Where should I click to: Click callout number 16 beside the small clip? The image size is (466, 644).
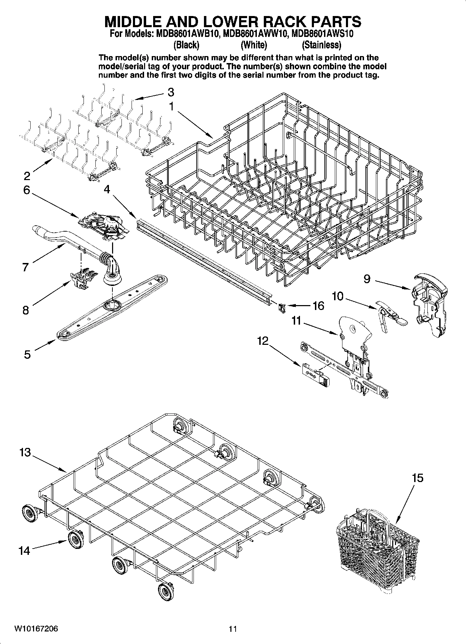[x=318, y=306]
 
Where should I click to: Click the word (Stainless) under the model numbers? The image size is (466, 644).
[x=321, y=45]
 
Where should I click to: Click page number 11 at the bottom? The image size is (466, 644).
[x=233, y=629]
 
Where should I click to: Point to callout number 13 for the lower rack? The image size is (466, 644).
[x=25, y=453]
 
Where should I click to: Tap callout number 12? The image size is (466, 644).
[x=263, y=341]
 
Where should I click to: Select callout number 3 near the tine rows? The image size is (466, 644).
[x=171, y=92]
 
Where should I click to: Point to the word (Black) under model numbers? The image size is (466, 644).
[x=186, y=45]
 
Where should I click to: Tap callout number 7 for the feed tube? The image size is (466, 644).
[x=25, y=267]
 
